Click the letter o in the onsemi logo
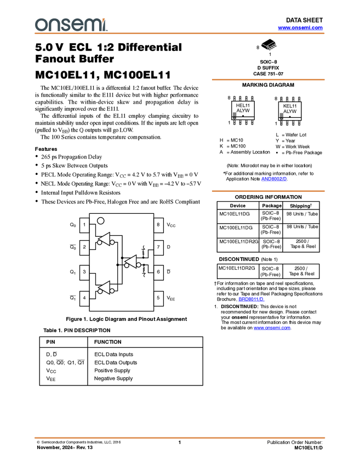[x=41, y=25]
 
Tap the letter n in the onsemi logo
[x=53, y=25]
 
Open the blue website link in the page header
[x=300, y=27]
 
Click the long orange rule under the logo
[x=180, y=33]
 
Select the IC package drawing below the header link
[x=270, y=46]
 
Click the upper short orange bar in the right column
[x=268, y=79]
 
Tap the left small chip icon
[x=235, y=115]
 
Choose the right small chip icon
[x=281, y=115]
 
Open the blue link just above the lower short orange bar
[x=273, y=179]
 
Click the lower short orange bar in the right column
[x=268, y=191]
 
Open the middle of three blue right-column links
[x=251, y=299]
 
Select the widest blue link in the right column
[x=272, y=328]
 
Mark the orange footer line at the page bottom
[x=180, y=437]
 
